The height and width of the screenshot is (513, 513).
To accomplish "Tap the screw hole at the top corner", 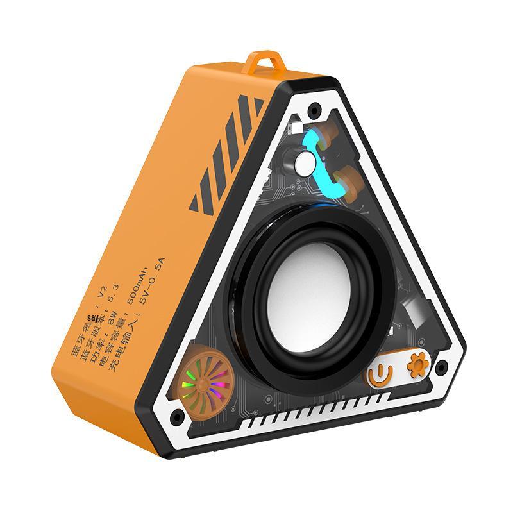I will (314, 110).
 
